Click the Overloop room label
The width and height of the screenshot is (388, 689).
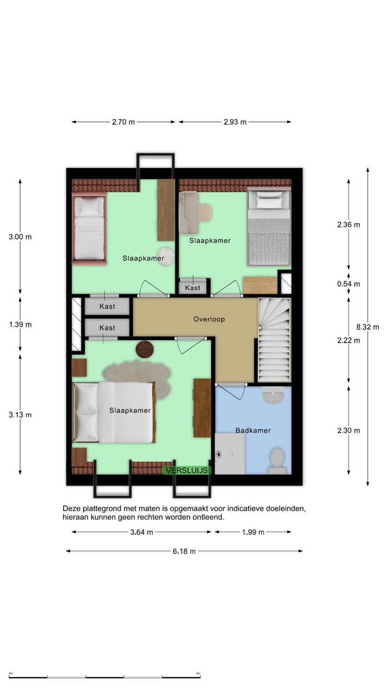point(209,319)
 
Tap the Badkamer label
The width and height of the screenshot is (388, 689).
point(253,430)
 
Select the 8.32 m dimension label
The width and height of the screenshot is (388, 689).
point(368,327)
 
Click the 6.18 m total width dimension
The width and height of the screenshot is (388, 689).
point(184,551)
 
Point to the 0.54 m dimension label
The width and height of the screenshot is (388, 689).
point(349,284)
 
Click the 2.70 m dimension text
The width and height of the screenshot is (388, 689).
point(124,122)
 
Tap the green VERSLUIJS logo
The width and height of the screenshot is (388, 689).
point(187,470)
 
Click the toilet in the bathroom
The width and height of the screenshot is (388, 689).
point(277,460)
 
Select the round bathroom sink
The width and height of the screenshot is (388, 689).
point(273,395)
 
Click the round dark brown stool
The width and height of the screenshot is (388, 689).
point(145,349)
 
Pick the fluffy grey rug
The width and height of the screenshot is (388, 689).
point(137,377)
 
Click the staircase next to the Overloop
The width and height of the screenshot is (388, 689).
point(274,340)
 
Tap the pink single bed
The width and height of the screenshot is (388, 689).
point(89,228)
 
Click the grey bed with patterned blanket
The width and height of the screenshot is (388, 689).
point(269,227)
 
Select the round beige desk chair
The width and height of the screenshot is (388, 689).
point(205,213)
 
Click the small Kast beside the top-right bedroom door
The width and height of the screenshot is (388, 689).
point(193,287)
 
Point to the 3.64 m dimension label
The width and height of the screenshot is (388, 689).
point(142,532)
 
